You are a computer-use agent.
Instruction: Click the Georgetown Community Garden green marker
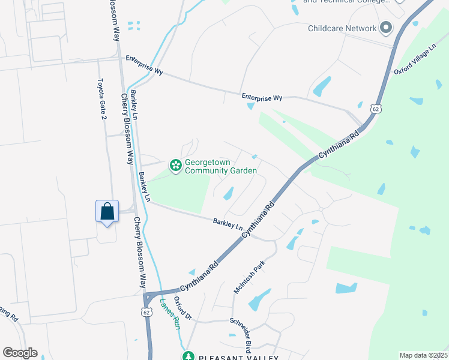tap(175, 165)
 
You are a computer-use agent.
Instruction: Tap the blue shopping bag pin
tap(107, 212)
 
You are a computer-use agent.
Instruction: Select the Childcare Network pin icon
tap(386, 28)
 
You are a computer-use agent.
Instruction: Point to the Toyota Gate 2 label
tap(102, 99)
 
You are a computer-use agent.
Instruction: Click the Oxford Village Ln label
tap(415, 59)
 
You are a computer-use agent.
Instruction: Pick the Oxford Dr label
tap(182, 308)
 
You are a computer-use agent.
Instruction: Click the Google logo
tap(20, 353)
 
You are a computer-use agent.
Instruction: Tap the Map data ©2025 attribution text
tap(423, 355)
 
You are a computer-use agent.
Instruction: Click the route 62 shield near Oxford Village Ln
tap(376, 109)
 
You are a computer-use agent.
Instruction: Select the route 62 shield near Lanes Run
tap(146, 312)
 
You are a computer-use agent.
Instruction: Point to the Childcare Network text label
tap(342, 28)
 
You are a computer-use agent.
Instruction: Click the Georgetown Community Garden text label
tap(220, 166)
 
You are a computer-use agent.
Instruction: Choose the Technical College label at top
tap(343, 2)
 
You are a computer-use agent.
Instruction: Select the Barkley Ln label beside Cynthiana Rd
tap(228, 225)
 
